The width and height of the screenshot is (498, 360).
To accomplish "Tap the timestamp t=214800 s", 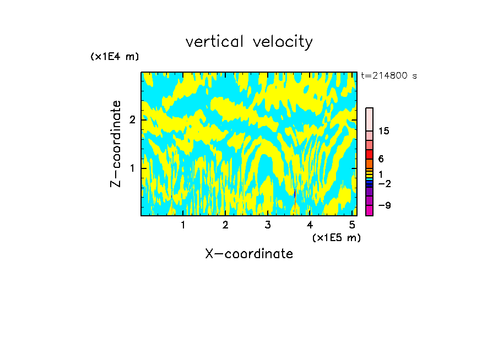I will pos(389,75).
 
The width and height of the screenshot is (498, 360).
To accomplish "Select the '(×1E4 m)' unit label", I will pos(115,56).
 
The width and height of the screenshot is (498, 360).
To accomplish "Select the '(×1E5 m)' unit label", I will pos(336,237).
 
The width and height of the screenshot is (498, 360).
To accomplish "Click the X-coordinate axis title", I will pos(249,254).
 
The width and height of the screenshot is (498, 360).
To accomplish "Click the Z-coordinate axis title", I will pos(116,144).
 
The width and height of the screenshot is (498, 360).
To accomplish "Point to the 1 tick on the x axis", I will pos(183,225).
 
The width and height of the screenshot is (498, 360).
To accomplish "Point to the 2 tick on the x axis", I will pos(225,225).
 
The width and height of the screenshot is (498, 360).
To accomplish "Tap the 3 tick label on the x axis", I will pos(268,225).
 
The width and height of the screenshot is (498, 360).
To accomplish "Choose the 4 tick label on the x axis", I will pos(310,225).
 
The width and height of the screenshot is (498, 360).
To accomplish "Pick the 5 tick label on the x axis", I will pos(352,225).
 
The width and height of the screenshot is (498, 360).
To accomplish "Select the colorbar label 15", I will pos(384,131).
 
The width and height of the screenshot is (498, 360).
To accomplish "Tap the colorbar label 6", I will pos(381,159).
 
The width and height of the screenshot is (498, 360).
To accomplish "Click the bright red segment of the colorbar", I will pos(369,154).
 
